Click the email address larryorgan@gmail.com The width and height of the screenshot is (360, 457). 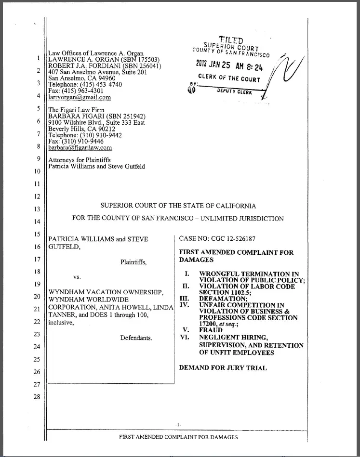[x=80, y=97]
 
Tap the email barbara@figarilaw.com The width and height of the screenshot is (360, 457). [x=80, y=148]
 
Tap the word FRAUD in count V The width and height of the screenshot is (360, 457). [x=211, y=330]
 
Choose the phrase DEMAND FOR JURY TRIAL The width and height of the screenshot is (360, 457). [x=223, y=367]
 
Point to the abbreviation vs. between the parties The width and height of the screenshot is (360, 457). [x=77, y=277]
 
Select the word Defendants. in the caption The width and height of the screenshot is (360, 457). [x=136, y=338]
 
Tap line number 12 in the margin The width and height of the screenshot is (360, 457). [x=37, y=196]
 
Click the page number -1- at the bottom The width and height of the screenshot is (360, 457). [x=178, y=424]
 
